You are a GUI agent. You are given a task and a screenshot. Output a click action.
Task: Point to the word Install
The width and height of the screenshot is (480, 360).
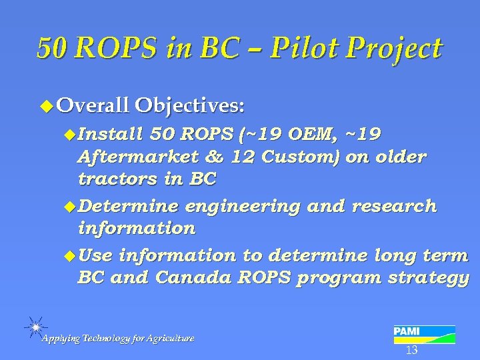click(111, 135)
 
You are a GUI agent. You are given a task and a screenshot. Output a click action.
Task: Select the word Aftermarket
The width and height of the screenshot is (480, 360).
click(137, 157)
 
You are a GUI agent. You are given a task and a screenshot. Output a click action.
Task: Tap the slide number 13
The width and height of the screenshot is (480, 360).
click(411, 350)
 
